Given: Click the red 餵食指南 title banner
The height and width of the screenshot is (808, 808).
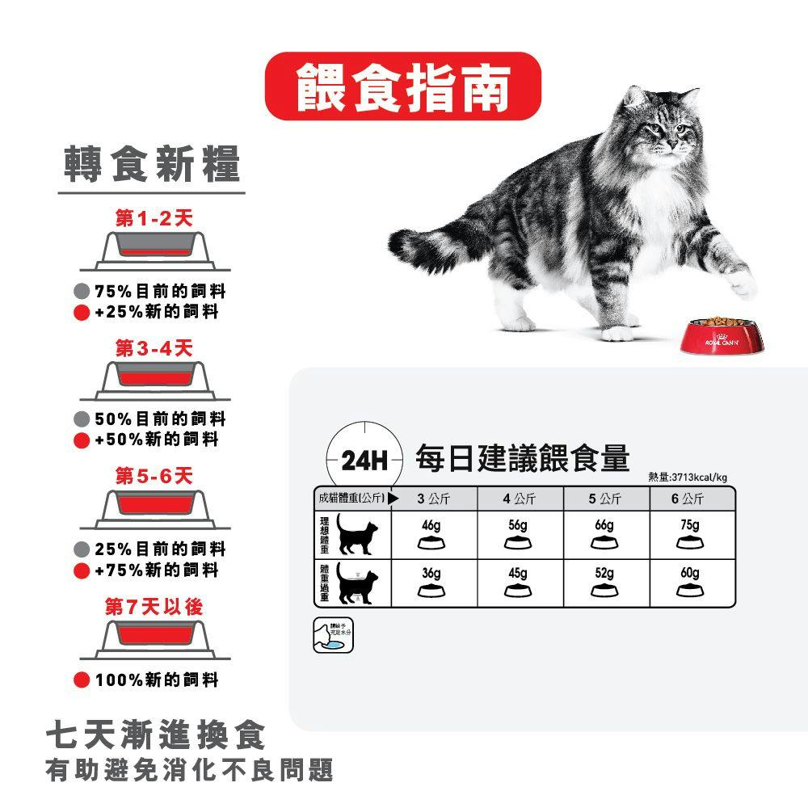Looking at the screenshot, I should click(403, 86).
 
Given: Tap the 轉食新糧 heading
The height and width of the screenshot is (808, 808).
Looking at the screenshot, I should click(152, 166).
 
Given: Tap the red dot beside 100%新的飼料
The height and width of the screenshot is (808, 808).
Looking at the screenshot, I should click(81, 680).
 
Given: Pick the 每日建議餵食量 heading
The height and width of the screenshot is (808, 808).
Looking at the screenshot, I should click(522, 458).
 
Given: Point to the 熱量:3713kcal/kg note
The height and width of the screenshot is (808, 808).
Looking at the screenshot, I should click(688, 478).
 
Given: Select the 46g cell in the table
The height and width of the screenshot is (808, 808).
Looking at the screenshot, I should click(431, 533).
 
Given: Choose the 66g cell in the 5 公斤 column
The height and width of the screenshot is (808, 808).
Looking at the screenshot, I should click(604, 533).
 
